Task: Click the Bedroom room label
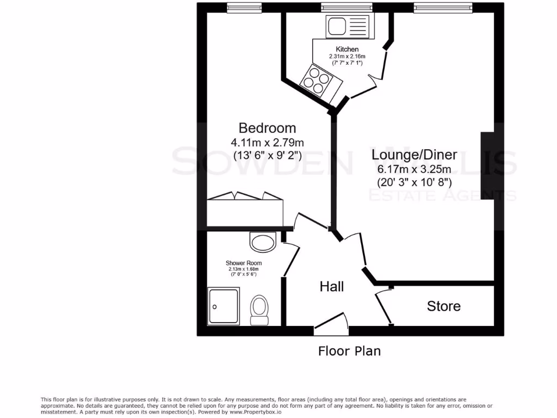click(x=267, y=128)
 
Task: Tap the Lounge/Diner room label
click(x=414, y=154)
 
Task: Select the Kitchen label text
click(x=347, y=50)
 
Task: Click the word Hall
click(x=331, y=286)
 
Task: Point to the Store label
click(x=443, y=306)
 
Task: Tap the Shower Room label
click(x=243, y=262)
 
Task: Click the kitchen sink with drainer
click(x=347, y=27)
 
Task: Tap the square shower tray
click(x=223, y=306)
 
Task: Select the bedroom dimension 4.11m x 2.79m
click(x=267, y=143)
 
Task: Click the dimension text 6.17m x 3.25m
click(x=414, y=169)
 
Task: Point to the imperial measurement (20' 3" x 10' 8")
click(x=414, y=182)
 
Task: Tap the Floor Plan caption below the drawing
click(x=349, y=351)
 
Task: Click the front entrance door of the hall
click(x=331, y=325)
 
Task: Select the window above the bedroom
click(x=244, y=8)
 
